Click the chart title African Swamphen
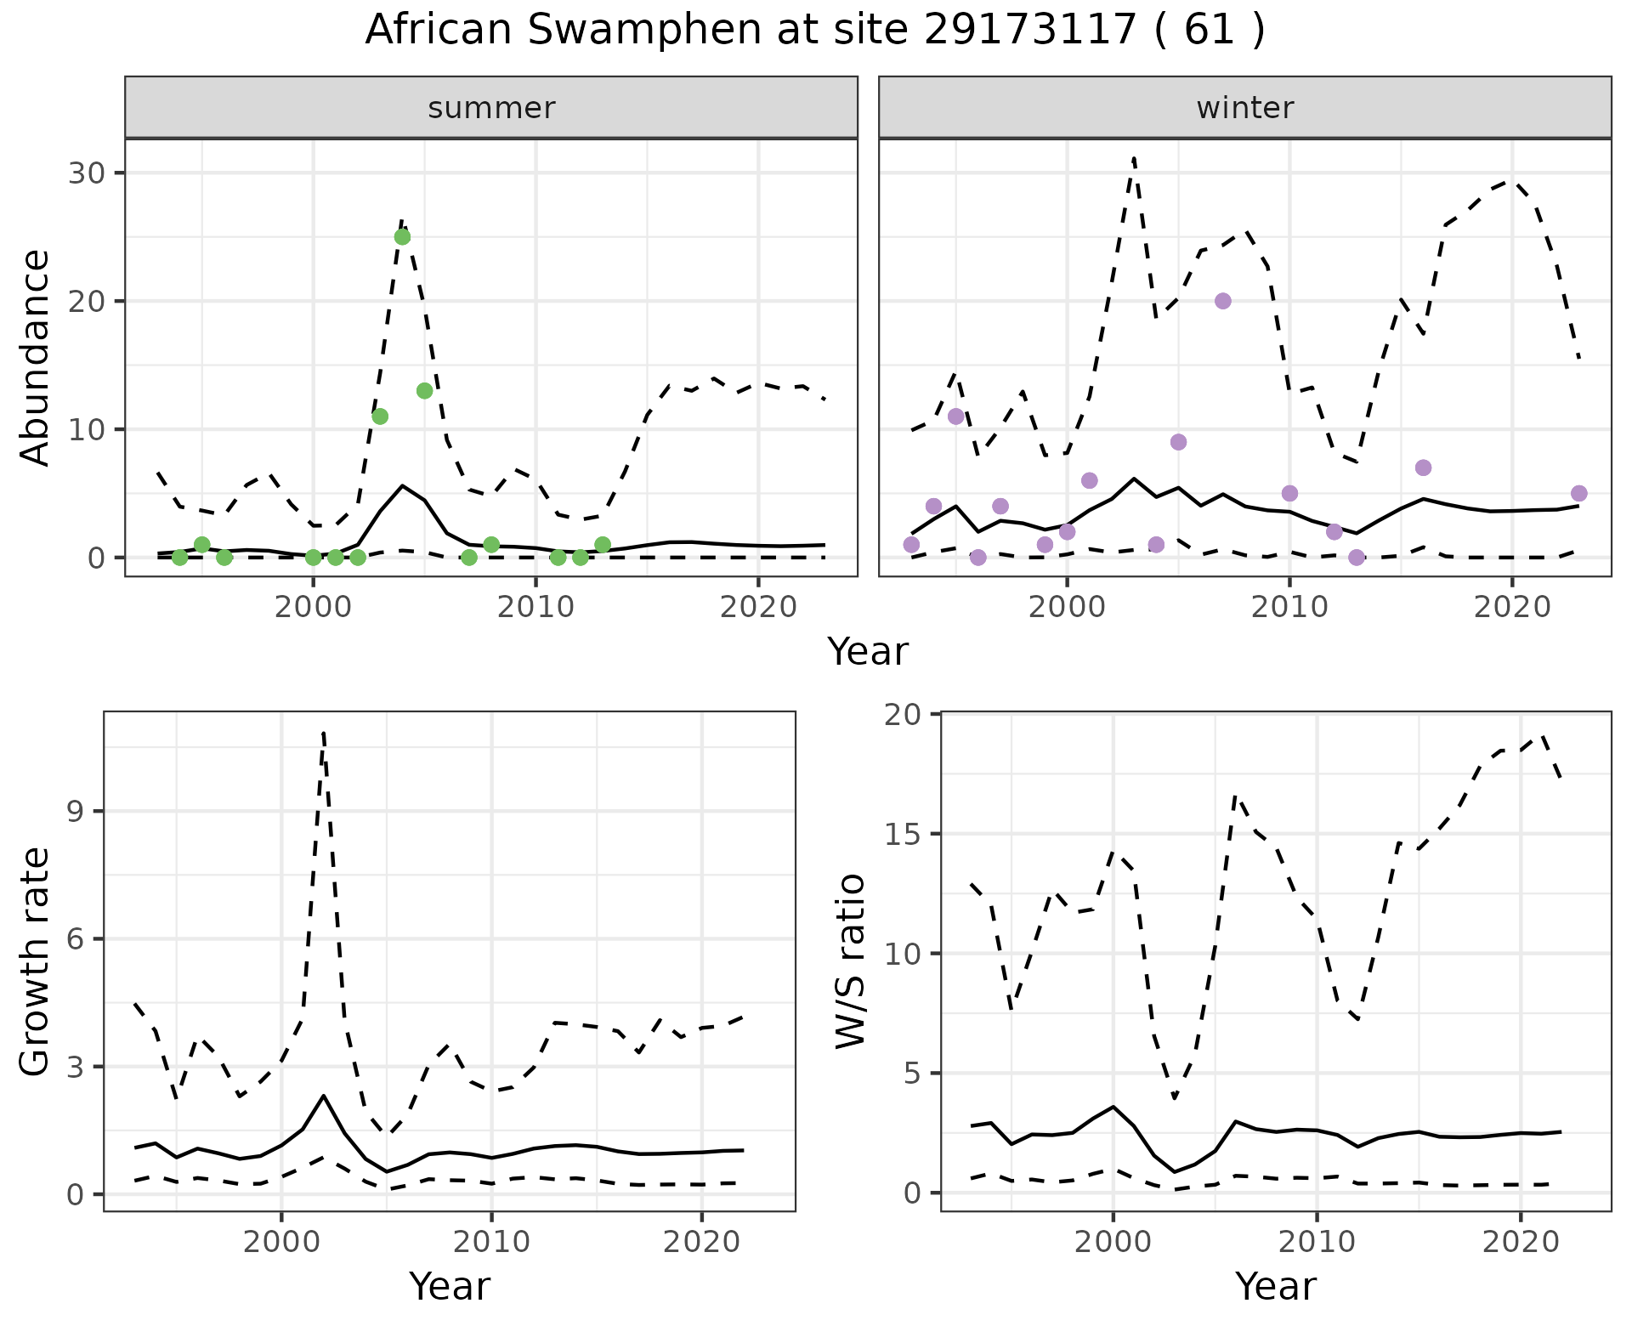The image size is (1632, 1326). (x=814, y=31)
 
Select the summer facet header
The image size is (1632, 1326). (x=491, y=108)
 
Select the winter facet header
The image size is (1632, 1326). (x=1244, y=108)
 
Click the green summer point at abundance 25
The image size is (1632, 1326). (x=402, y=237)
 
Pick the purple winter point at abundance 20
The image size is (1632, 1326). (x=1223, y=301)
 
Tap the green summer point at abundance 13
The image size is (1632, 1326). (x=425, y=391)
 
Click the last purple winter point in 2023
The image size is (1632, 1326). (x=1579, y=494)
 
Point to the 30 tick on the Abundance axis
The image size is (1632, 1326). (x=88, y=173)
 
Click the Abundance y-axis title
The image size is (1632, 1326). (x=36, y=357)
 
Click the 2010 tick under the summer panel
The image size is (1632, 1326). (x=535, y=607)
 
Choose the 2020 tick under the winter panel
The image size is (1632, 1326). (x=1512, y=607)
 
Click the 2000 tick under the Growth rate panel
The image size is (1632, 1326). (x=281, y=1242)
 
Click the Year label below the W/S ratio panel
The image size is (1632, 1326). (x=1275, y=1287)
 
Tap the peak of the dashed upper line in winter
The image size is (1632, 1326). (x=1134, y=158)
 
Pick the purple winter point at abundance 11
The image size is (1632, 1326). (x=956, y=416)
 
